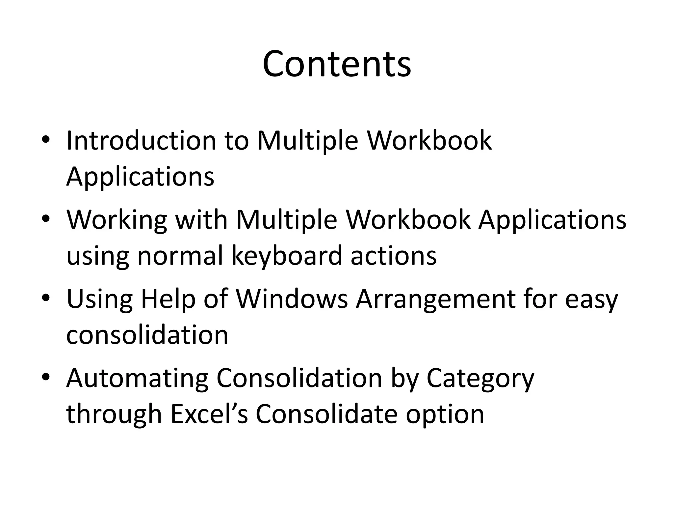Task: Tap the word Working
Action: point(117,220)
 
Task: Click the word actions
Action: point(394,256)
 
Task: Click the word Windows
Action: point(292,299)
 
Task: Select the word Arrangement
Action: point(435,299)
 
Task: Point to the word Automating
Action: point(137,378)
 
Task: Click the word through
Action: point(114,414)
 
